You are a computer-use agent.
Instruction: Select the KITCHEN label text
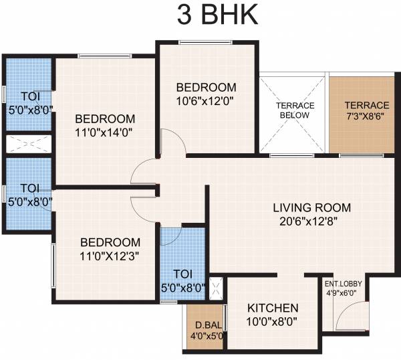pyautogui.click(x=273, y=308)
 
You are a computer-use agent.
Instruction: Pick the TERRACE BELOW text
pyautogui.click(x=294, y=110)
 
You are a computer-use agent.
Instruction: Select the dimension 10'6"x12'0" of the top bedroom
pyautogui.click(x=206, y=101)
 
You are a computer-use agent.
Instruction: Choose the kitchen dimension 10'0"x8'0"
pyautogui.click(x=273, y=322)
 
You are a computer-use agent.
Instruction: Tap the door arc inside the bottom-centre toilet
pyautogui.click(x=171, y=237)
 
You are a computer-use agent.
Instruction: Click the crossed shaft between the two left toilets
pyautogui.click(x=29, y=145)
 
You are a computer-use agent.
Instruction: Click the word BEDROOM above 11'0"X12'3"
pyautogui.click(x=111, y=242)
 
